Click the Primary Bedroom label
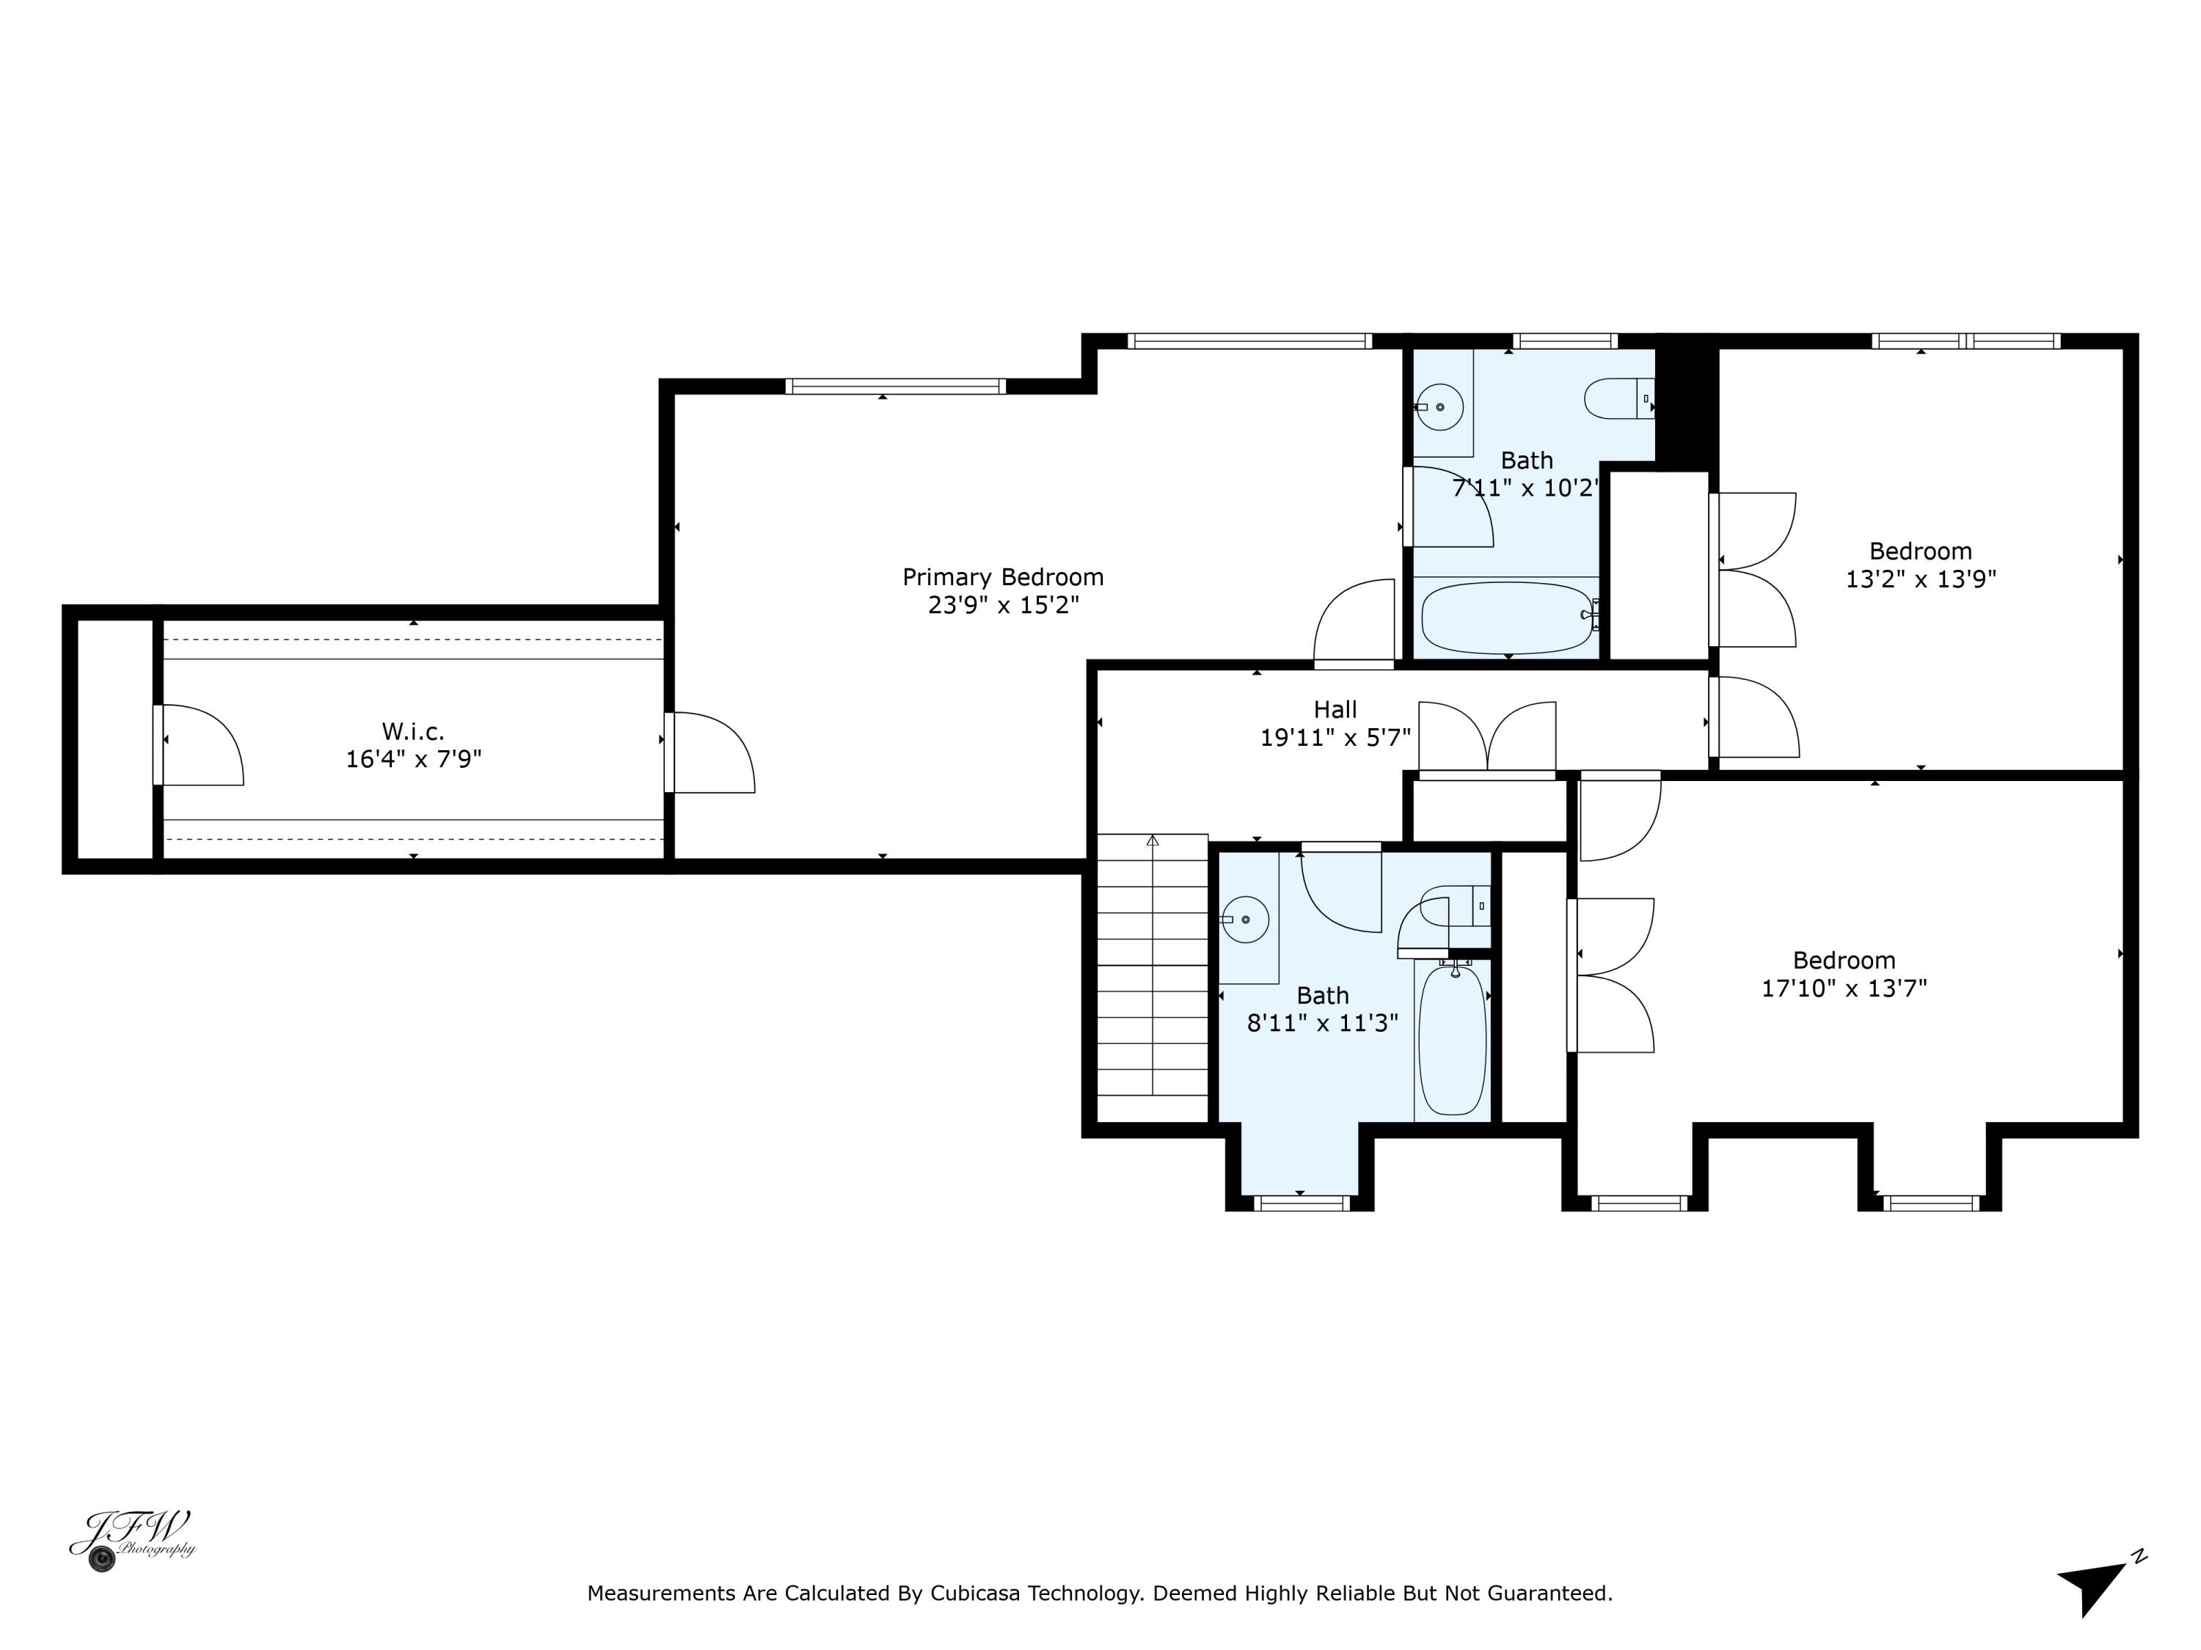1002,577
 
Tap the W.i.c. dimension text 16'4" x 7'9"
413,760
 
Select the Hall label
1335,709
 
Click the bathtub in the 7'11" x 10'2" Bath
1508,617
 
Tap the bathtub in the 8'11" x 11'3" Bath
1453,1038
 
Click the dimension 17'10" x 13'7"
1844,989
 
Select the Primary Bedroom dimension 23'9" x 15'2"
1003,605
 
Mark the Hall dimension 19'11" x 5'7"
1335,737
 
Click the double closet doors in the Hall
1486,740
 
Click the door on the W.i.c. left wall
198,745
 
